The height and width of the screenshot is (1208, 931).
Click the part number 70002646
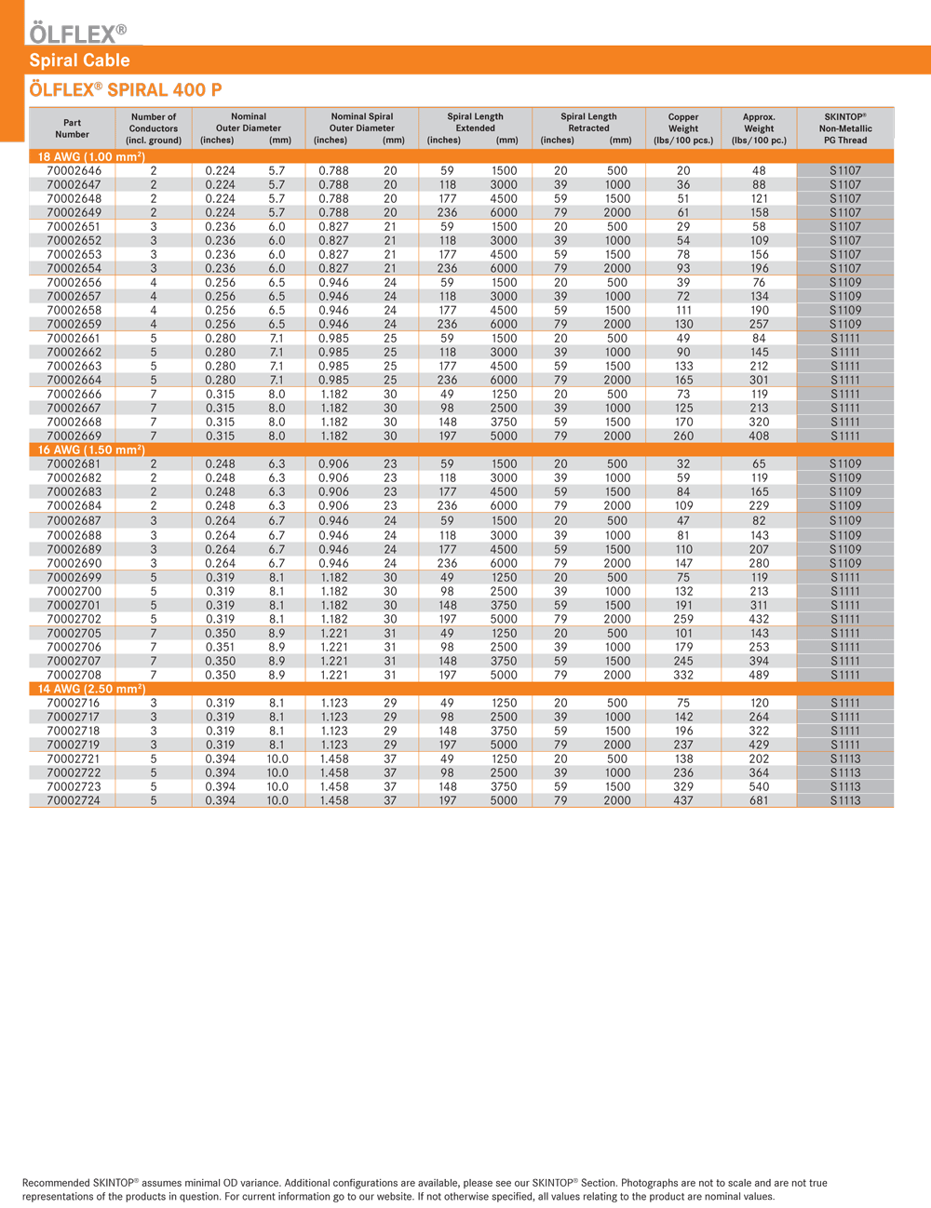[74, 171]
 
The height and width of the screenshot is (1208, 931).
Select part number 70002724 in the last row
[74, 800]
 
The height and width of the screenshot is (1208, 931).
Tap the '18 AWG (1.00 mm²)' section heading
[90, 156]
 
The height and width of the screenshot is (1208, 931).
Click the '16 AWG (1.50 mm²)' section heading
[90, 450]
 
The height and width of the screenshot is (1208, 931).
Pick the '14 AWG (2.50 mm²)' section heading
[90, 689]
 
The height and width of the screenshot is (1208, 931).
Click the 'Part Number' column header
[72, 128]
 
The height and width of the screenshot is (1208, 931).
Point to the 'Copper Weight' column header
[683, 128]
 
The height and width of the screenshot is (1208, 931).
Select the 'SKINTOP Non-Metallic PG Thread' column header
[844, 128]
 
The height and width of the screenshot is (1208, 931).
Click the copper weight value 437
[683, 800]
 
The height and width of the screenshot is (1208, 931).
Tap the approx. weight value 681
[759, 800]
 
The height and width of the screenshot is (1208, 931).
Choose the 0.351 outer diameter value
[220, 647]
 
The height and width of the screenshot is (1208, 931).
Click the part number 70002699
[74, 577]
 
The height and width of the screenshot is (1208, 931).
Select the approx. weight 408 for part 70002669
[759, 436]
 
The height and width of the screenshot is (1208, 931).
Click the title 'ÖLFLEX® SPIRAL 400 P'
[126, 90]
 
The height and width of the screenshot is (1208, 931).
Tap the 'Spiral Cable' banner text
[79, 60]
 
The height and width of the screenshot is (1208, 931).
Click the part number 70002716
[74, 703]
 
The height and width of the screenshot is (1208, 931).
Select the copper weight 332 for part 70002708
[683, 675]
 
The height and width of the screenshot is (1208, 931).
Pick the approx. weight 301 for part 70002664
[759, 380]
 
